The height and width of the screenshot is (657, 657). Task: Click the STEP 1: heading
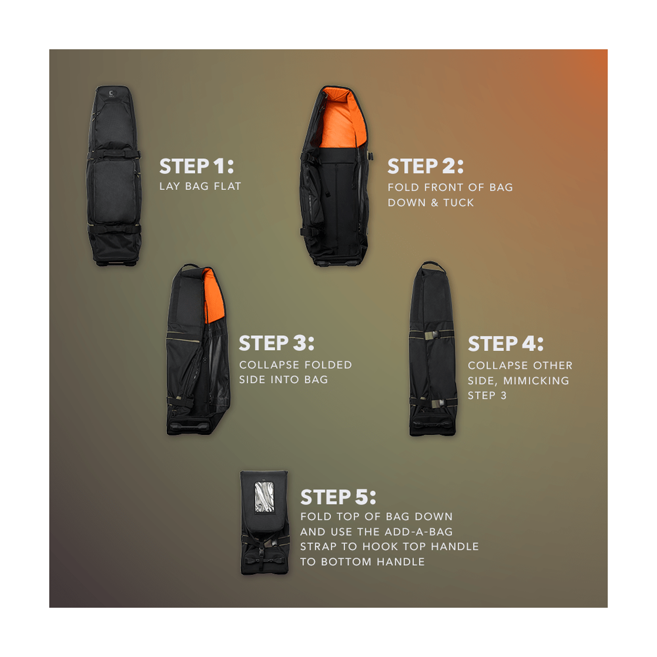click(x=196, y=166)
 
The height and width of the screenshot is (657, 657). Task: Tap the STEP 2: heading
click(x=425, y=166)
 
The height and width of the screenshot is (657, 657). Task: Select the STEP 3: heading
click(x=277, y=343)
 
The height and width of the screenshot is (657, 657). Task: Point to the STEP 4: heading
click(x=506, y=344)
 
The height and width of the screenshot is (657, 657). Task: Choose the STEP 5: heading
click(x=338, y=497)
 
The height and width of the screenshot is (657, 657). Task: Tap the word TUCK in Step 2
click(x=459, y=203)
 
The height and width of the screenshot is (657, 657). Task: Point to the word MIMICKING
click(x=536, y=380)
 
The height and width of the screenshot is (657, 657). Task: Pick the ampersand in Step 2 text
click(x=434, y=203)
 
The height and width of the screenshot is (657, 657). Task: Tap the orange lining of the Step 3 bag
click(x=214, y=296)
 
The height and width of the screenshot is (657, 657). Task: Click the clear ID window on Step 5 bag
click(x=264, y=497)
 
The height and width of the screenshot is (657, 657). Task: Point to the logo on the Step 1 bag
click(x=111, y=94)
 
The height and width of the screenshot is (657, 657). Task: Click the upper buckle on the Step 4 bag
click(x=432, y=335)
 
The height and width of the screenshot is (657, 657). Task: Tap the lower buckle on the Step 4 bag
click(x=438, y=404)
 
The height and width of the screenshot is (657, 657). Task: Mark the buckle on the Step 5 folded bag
click(x=263, y=546)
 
